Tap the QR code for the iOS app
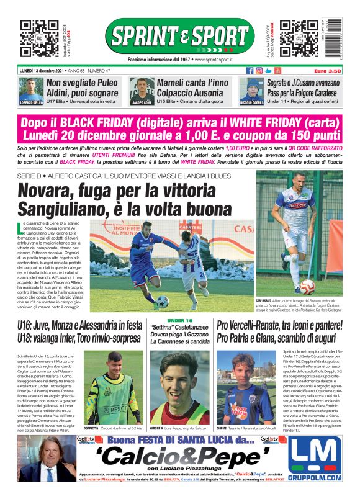tap(37, 38)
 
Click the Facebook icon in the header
tap(250, 71)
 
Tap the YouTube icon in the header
tap(278, 71)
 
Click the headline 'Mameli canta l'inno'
tap(192, 83)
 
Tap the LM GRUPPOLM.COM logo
tap(315, 459)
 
